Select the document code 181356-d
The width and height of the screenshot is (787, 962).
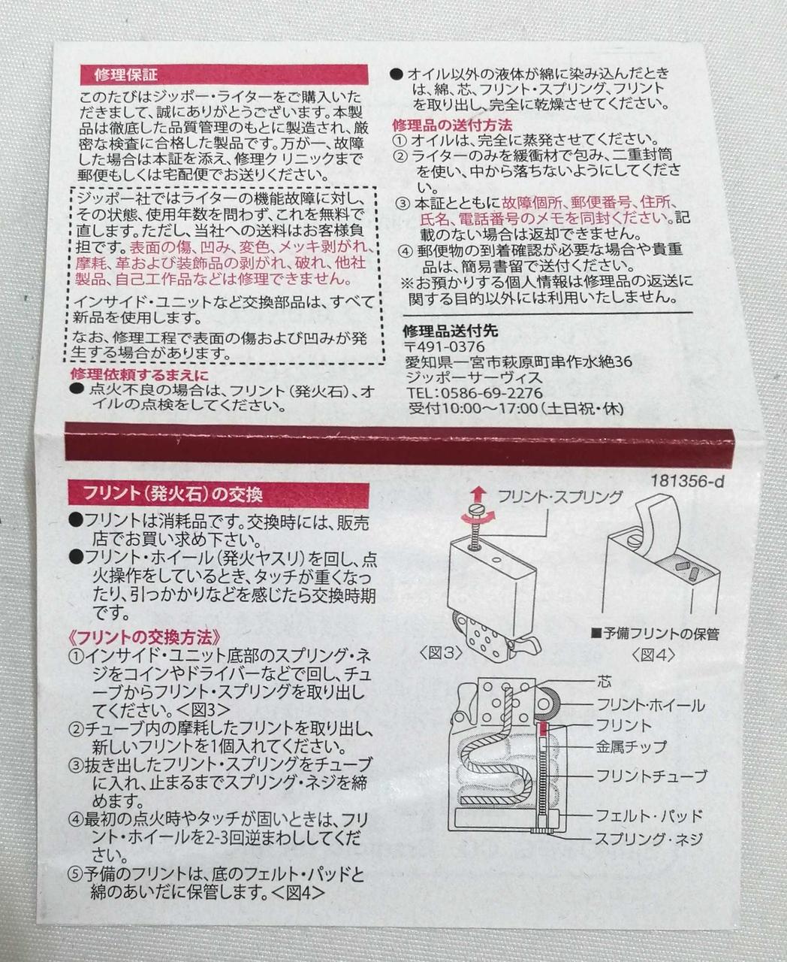(687, 483)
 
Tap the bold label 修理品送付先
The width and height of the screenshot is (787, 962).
(450, 331)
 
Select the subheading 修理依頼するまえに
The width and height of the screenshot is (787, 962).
(139, 374)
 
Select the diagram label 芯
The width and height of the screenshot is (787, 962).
(605, 682)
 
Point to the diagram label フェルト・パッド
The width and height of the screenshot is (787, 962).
(650, 815)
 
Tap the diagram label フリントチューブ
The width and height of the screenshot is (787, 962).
(651, 776)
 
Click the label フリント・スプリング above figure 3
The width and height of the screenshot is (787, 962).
(560, 497)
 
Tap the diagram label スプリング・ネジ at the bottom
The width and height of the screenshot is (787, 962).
(649, 838)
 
